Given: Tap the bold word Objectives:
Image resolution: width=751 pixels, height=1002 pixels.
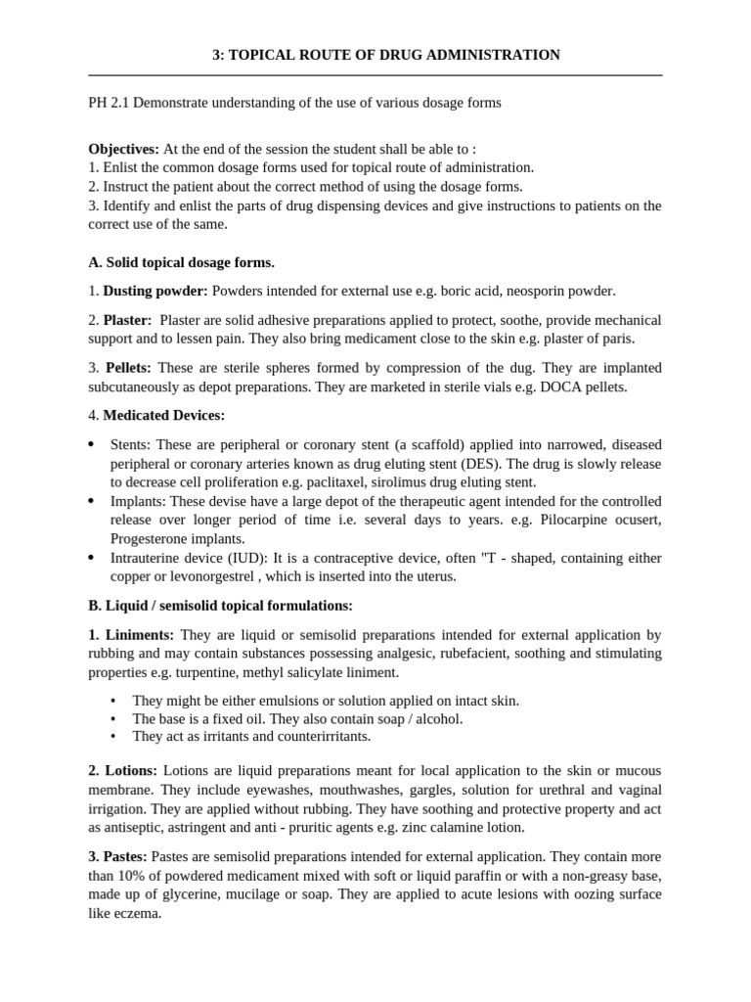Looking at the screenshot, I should (x=123, y=149).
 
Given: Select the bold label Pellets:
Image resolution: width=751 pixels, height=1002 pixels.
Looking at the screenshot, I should (x=127, y=367).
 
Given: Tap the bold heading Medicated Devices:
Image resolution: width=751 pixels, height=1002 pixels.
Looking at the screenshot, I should (x=163, y=415).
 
